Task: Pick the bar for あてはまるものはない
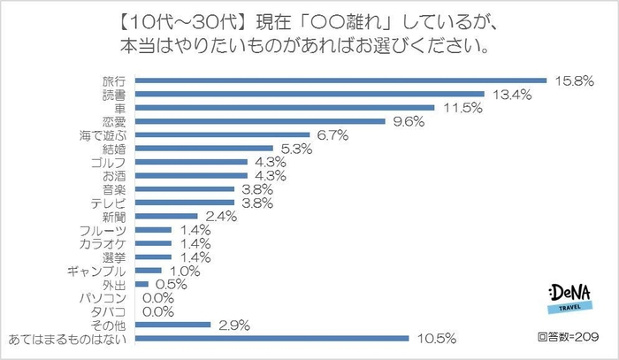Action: [275, 337]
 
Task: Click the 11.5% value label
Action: [459, 108]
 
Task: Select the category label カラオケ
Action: [113, 242]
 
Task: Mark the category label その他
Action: [119, 324]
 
